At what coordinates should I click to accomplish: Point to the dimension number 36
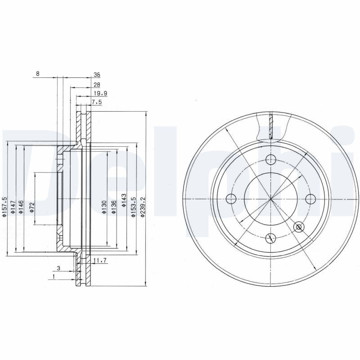click(x=96, y=75)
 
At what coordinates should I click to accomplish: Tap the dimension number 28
click(x=96, y=85)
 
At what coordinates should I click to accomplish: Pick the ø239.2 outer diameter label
click(x=142, y=207)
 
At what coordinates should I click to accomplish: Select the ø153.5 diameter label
click(x=133, y=207)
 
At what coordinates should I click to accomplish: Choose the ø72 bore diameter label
click(x=31, y=207)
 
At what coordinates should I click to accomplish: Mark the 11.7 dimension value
click(x=99, y=261)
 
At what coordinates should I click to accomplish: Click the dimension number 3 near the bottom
click(x=58, y=269)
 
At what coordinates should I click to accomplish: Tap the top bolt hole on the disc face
click(x=271, y=159)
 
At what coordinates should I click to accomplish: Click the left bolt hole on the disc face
click(x=231, y=198)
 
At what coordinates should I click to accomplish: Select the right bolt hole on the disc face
click(x=310, y=198)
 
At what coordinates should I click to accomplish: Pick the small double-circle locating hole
click(x=299, y=227)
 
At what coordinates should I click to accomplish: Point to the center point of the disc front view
click(x=270, y=198)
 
